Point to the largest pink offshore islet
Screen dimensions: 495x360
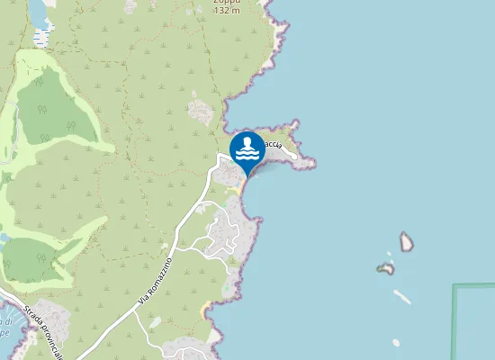tap(406, 241)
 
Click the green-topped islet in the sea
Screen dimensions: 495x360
tap(385, 268)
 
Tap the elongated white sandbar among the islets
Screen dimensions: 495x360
tap(402, 296)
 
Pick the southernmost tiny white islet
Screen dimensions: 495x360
tap(396, 342)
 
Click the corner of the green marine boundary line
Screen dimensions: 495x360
tap(454, 287)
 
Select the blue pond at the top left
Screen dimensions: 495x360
tap(40, 12)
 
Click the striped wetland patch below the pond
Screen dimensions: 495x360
tap(41, 38)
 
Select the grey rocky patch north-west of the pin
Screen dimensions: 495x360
tap(202, 112)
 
